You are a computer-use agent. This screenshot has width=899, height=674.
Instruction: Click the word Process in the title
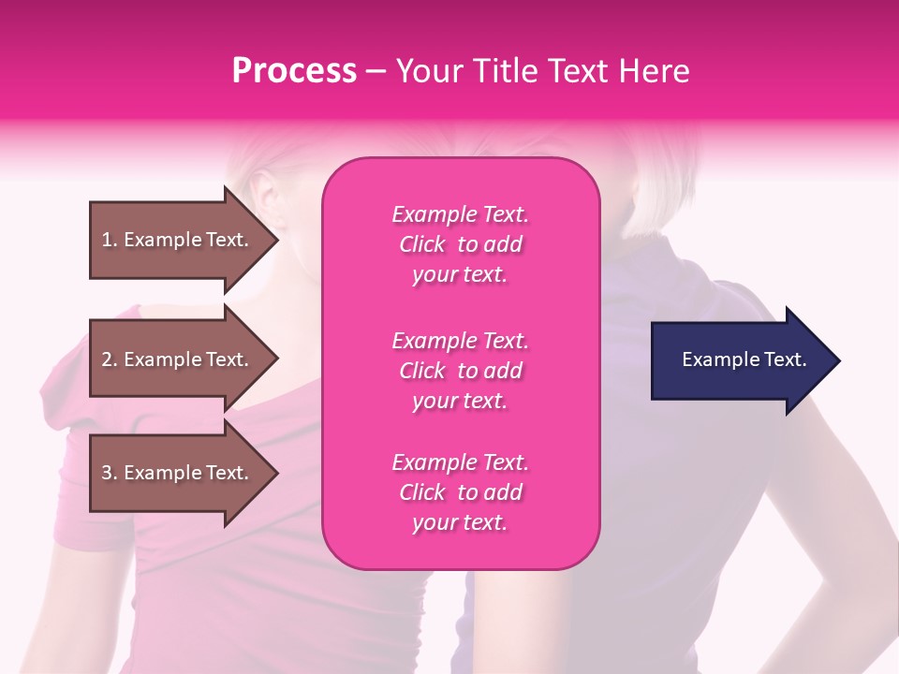[294, 71]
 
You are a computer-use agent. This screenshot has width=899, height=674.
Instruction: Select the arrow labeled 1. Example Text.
[178, 240]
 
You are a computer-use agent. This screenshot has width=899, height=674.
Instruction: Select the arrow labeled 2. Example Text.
[178, 359]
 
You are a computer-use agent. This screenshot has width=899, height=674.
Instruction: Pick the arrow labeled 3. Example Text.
[178, 473]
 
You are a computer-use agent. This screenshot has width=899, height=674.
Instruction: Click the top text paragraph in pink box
[460, 244]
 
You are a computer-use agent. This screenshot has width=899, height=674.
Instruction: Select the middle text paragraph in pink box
[460, 371]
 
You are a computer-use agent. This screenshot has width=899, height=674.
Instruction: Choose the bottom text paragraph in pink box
[460, 492]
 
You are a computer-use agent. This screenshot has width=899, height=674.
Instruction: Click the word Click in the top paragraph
[422, 245]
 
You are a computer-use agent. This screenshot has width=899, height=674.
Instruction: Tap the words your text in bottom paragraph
[460, 523]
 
